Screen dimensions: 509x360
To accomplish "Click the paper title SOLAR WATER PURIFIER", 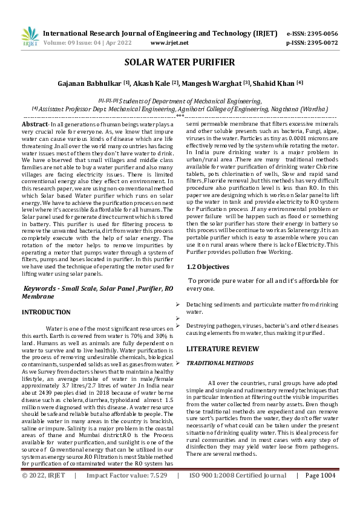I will pos(180,62).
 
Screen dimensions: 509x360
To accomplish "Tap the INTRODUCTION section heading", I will pos(46,312).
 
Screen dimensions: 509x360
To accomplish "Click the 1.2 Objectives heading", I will pos(208,266).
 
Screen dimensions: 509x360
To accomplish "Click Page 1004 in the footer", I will pos(320,493).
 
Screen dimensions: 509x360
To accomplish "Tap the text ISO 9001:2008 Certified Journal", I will pos(238,493).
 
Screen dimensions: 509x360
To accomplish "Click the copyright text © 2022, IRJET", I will pos(43,493).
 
